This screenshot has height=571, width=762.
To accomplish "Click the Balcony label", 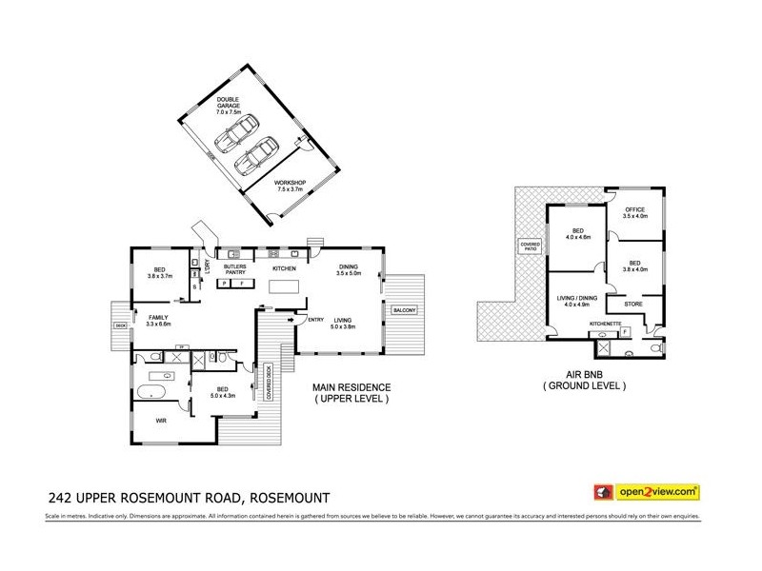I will [x=399, y=310].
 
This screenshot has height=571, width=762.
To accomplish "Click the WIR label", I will [x=149, y=415].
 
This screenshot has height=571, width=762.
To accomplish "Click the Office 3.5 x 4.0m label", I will [x=634, y=213].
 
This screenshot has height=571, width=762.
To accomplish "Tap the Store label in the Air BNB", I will [x=632, y=305].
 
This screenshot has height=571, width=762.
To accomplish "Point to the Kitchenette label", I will [x=606, y=324].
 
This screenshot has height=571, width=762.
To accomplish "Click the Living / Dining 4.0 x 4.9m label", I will [x=577, y=302].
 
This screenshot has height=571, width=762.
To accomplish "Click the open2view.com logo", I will [x=648, y=492].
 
